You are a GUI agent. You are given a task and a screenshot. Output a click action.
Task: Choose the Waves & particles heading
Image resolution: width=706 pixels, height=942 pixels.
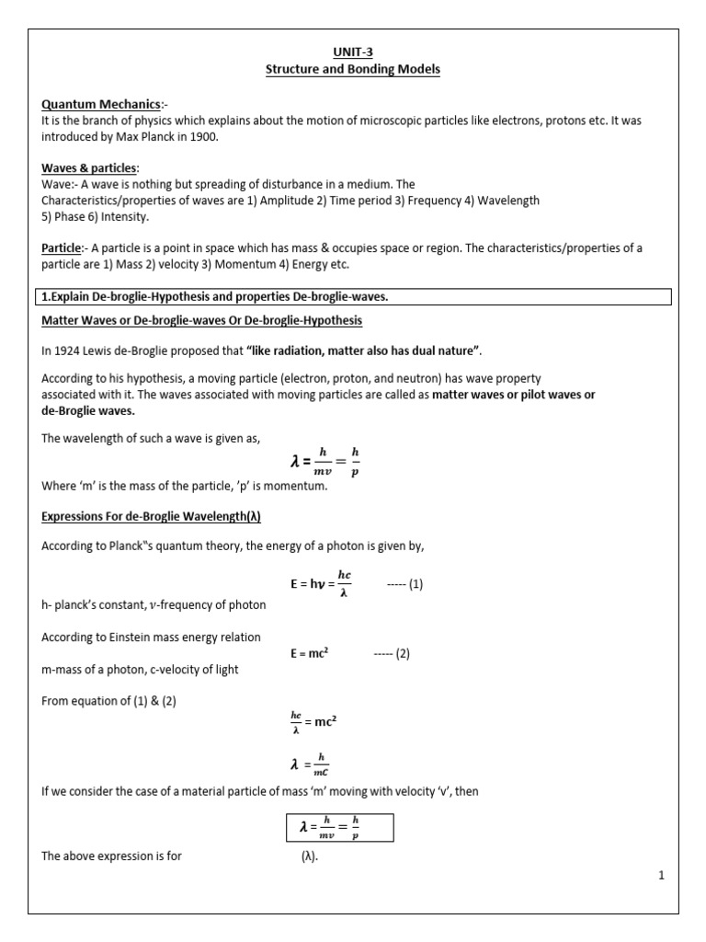click(x=89, y=167)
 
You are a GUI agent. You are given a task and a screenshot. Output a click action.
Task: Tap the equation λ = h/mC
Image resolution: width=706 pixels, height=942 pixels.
click(x=309, y=764)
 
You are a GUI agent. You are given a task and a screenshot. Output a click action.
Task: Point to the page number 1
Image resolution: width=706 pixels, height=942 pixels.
click(x=660, y=877)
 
